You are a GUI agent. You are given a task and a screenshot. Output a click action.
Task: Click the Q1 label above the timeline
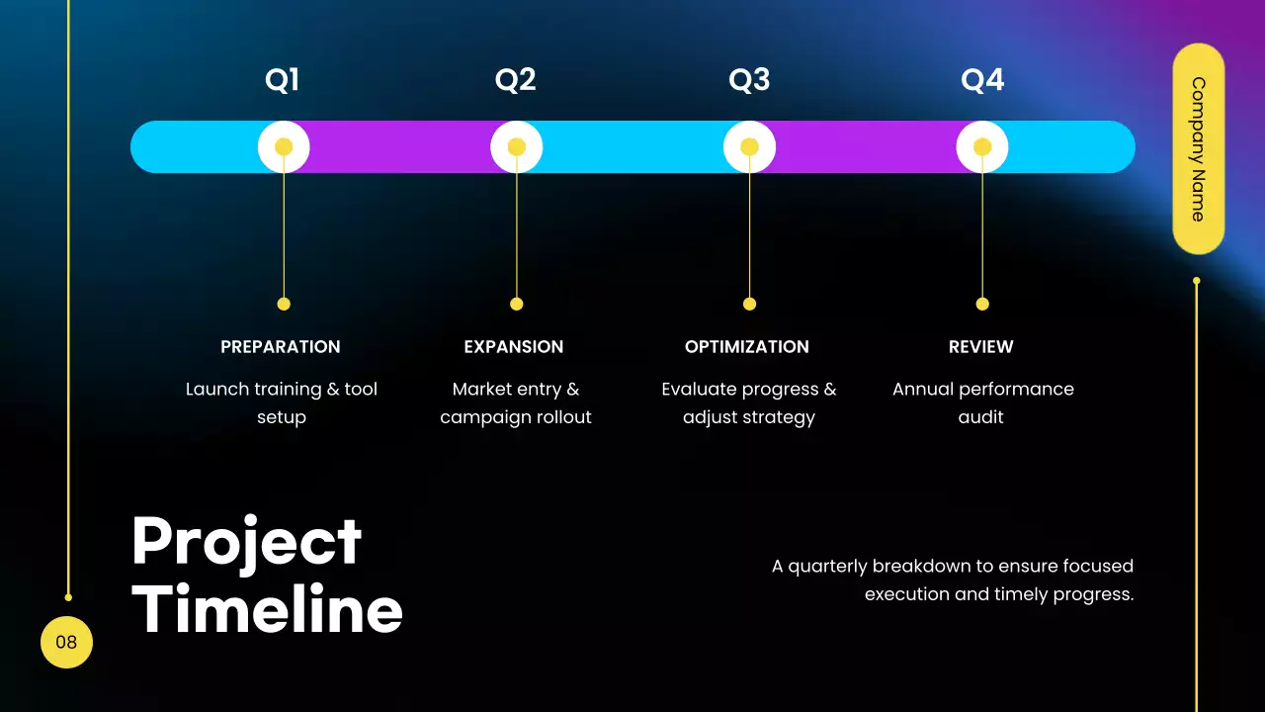coord(282,80)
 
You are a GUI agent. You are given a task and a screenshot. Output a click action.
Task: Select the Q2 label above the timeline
coord(515,80)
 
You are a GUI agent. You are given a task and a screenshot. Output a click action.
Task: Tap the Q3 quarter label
coord(749,80)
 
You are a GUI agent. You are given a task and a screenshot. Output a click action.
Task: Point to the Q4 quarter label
coord(982,80)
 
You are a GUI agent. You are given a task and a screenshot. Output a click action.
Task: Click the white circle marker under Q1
coord(284,147)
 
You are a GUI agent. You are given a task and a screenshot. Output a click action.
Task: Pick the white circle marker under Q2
coord(516,147)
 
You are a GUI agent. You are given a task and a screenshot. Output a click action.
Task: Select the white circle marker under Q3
coord(749,147)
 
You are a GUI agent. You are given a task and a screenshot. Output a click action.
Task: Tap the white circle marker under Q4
coord(982,147)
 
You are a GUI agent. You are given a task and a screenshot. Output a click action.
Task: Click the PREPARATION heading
coord(281,347)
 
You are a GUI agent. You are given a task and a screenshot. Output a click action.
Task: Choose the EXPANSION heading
coord(514,347)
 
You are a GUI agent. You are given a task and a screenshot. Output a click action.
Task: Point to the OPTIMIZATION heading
coord(747,347)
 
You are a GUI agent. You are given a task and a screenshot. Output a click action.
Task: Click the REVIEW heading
coord(981,347)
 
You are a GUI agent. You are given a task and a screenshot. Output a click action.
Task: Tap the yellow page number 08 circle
coord(66,642)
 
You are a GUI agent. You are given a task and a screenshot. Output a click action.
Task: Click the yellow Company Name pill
coord(1198,148)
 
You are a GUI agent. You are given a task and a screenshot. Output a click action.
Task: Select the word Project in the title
coord(246,542)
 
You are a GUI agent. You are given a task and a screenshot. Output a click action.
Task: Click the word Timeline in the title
coord(267,609)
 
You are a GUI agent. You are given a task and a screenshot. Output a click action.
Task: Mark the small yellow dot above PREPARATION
coord(284,304)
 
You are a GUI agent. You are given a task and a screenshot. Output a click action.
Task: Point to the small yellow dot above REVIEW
coord(982,304)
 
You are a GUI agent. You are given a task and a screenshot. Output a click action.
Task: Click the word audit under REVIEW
coord(980,417)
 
